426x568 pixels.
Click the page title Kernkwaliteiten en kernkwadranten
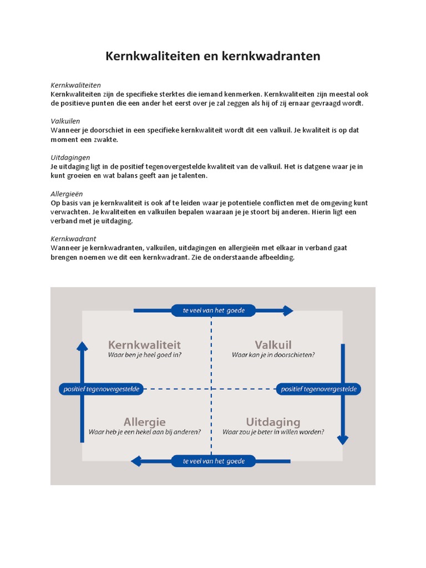pos(213,57)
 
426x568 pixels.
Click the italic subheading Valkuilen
pos(65,121)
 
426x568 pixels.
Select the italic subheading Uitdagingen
pos(70,158)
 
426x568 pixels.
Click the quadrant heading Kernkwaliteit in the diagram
pos(144,345)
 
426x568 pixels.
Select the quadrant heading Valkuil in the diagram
pos(273,345)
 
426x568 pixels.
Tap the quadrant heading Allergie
pos(144,422)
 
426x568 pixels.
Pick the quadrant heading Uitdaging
pos(273,422)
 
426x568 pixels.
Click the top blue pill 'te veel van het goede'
pos(214,310)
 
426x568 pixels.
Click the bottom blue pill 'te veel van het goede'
pos(214,461)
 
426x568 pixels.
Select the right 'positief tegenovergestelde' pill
pos(318,389)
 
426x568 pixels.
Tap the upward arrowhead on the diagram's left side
pos(82,347)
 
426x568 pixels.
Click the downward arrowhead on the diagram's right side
pos(343,440)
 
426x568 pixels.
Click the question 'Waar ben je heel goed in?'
pos(144,355)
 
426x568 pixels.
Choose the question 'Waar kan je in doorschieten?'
pos(273,355)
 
